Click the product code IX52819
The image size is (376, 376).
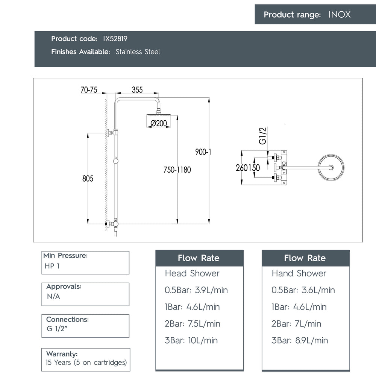[115, 39]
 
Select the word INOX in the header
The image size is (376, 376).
[339, 14]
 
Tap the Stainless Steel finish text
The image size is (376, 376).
[138, 52]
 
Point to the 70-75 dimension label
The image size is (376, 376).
[89, 90]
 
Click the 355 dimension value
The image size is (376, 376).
[137, 90]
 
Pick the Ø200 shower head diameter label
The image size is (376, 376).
[159, 123]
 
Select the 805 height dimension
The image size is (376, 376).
[88, 178]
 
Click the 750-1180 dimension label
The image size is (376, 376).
[177, 170]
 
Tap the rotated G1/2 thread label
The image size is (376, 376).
[262, 136]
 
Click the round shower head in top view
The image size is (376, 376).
[331, 168]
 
